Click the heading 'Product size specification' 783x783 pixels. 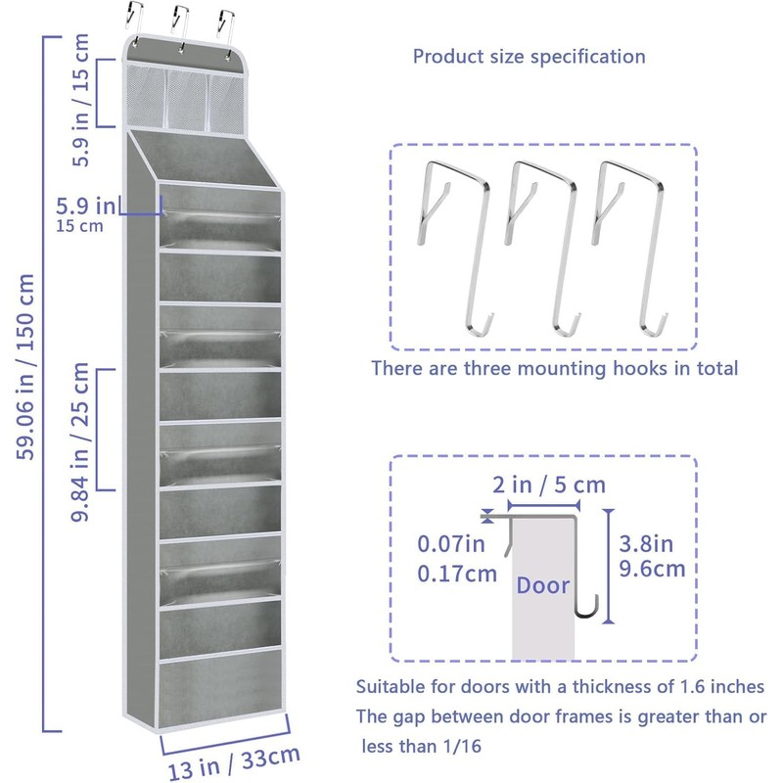(529, 56)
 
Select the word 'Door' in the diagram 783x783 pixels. (543, 585)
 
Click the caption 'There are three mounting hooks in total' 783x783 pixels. (554, 369)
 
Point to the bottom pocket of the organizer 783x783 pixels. (218, 691)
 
